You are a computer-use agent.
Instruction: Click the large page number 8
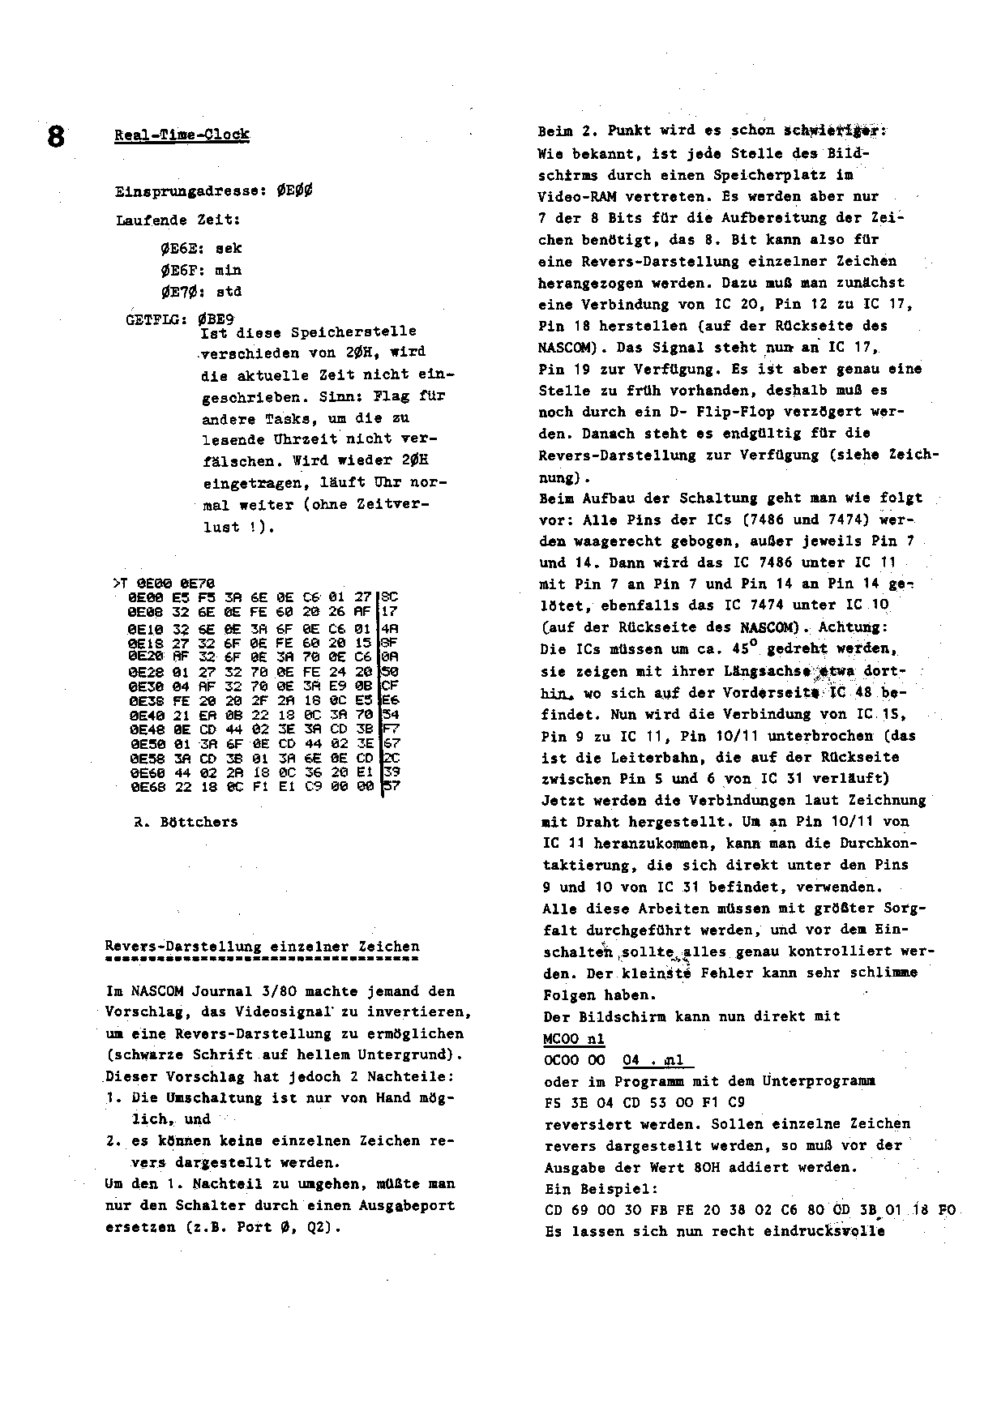tap(55, 136)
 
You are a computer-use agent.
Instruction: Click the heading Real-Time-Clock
tap(182, 135)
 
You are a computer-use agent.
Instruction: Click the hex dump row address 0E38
tap(144, 700)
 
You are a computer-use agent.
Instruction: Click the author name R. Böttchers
tap(186, 822)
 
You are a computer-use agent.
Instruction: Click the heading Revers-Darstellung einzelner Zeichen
tap(263, 947)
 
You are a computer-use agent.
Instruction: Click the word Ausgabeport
tap(406, 1205)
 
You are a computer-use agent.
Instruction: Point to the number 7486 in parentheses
tap(741, 520)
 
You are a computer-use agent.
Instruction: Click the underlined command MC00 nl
tap(574, 1038)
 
